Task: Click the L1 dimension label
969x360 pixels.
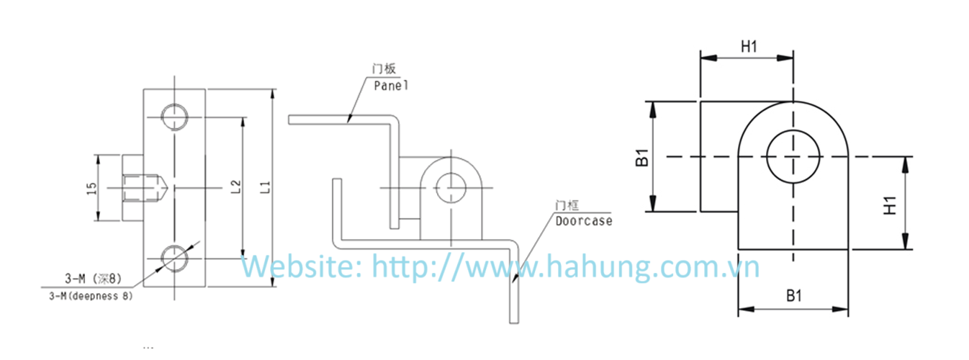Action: (265, 187)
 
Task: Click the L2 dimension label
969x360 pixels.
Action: (235, 187)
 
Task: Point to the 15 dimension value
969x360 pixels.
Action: (91, 189)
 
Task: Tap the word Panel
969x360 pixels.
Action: (391, 85)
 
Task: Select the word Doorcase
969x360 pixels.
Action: (584, 221)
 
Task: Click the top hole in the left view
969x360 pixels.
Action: (174, 117)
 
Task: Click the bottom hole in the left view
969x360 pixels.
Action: (174, 257)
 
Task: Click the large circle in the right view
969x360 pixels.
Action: (793, 156)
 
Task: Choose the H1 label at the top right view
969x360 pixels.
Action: (749, 48)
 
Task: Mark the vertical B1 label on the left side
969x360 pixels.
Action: (643, 158)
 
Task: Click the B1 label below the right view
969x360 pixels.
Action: (794, 295)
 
